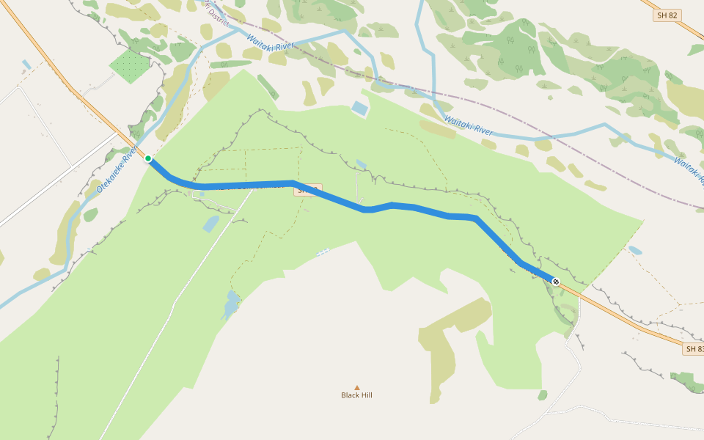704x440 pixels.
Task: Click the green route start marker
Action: pyautogui.click(x=148, y=158)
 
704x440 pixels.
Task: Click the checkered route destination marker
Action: pyautogui.click(x=556, y=282)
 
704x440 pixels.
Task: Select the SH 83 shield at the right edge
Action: pyautogui.click(x=694, y=349)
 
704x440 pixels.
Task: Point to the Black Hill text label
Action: pyautogui.click(x=356, y=395)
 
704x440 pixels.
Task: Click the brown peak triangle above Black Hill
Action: pyautogui.click(x=357, y=387)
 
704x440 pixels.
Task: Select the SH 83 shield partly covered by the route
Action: pyautogui.click(x=308, y=190)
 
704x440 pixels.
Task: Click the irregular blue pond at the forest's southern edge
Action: pyautogui.click(x=230, y=304)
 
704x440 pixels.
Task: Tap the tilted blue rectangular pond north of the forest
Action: pyautogui.click(x=359, y=109)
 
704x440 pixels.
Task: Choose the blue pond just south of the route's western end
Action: pyautogui.click(x=210, y=224)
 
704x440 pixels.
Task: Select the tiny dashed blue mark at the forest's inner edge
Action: pyautogui.click(x=323, y=252)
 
